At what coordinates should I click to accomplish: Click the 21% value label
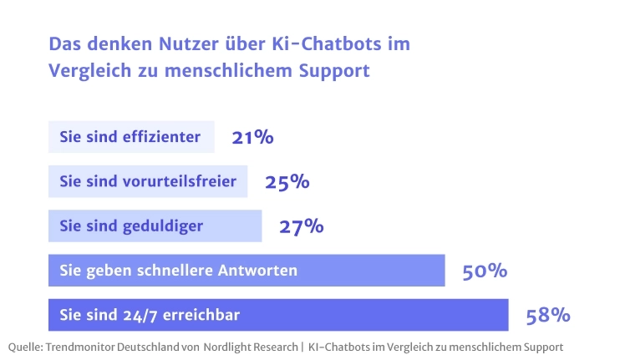253,137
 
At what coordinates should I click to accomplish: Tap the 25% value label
287,182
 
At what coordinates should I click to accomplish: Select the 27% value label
301,226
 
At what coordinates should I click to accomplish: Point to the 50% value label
485,271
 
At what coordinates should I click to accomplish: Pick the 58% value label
548,316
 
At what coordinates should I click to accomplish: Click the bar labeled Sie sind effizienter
131,137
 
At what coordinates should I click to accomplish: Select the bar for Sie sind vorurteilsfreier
148,181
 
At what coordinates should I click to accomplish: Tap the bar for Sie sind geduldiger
155,226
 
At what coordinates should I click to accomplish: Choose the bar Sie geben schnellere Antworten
246,271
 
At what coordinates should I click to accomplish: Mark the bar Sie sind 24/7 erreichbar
278,315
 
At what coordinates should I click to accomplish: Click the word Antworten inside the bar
257,271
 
